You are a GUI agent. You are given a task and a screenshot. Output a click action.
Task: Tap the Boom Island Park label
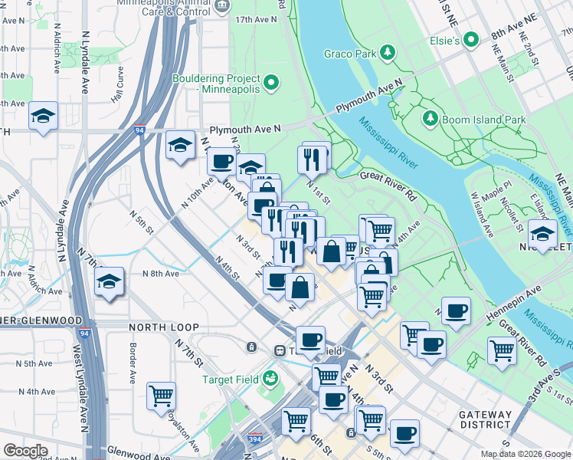coord(483,120)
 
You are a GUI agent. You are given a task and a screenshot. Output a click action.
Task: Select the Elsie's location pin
coord(471,39)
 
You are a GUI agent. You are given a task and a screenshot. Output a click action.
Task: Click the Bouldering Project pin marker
coord(270,84)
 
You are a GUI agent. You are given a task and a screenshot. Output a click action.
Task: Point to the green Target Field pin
coord(270,377)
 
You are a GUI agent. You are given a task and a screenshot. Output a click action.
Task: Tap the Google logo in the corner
coord(25,451)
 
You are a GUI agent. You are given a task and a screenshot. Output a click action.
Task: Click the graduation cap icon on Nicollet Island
coord(542,234)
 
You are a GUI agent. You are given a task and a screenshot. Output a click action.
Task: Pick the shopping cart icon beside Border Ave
coord(161,396)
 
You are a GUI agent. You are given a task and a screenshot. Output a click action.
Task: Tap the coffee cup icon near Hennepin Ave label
coord(457,311)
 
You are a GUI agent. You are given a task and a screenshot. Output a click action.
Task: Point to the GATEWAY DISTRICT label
coord(485,419)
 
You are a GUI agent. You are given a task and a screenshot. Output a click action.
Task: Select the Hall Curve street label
coord(119,84)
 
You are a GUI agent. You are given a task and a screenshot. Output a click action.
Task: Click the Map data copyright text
coord(525,454)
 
